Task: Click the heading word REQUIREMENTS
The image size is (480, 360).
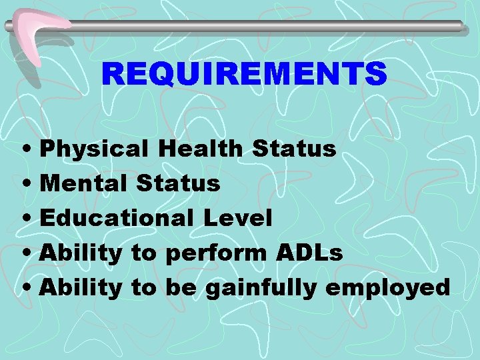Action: coord(244,73)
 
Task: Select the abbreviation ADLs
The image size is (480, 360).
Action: coord(308,252)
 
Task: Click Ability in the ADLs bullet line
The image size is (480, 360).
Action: coord(81,253)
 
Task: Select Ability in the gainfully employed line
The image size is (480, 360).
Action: coord(81,287)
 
